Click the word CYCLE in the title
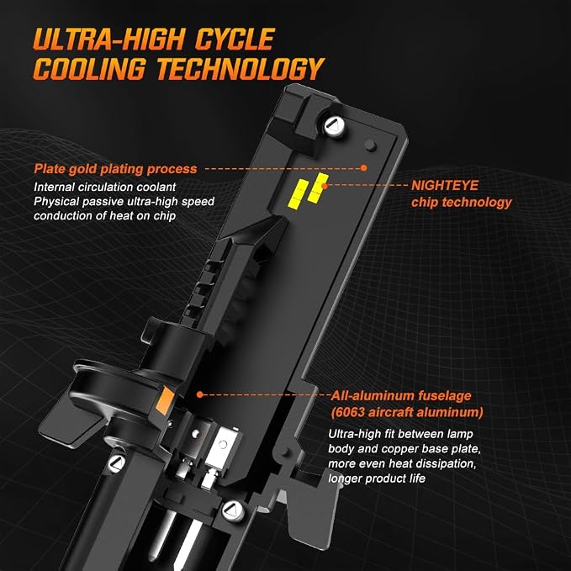coord(235,39)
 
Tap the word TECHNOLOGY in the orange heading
coord(241,68)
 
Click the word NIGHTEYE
coord(445,185)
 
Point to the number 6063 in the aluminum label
coord(349,412)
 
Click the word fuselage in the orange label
coord(444,396)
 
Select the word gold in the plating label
coord(82,169)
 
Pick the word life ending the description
coord(417,478)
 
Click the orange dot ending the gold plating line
coord(363,168)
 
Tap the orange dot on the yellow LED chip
coord(324,185)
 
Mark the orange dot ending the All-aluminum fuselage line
coord(199,394)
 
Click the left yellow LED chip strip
coord(298,194)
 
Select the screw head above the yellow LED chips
coord(335,126)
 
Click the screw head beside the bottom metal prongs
coord(232,510)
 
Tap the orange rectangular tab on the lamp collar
coord(166,400)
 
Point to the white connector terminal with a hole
coord(220,447)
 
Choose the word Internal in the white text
coord(51,188)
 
